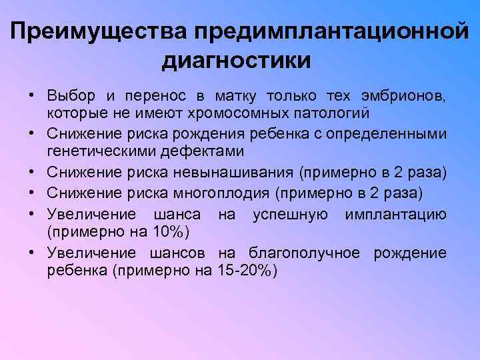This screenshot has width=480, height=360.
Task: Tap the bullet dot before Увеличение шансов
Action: pos(31,254)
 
